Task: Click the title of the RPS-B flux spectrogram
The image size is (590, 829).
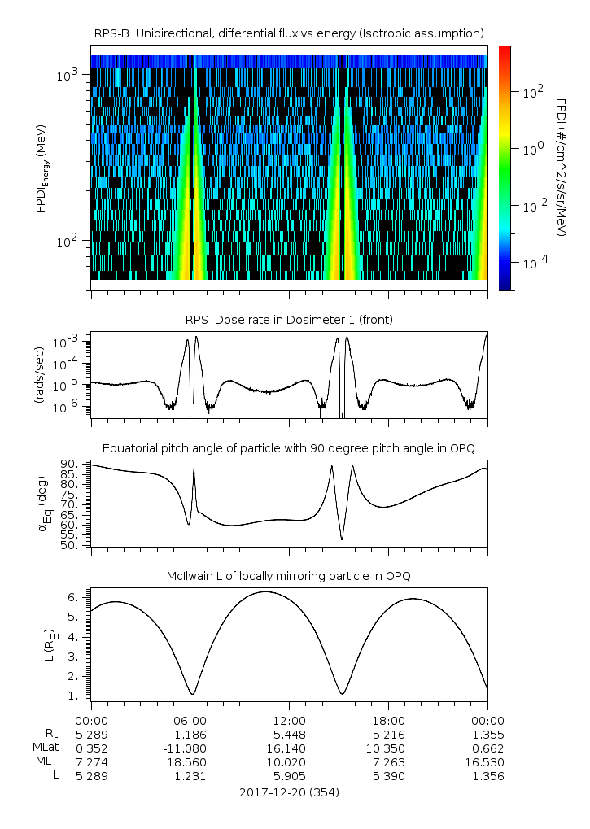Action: [289, 33]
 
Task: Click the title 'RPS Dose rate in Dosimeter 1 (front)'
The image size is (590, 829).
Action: [289, 320]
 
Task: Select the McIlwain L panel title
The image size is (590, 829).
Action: [289, 576]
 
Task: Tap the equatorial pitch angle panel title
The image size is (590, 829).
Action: [289, 448]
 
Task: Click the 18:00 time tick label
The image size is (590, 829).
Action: [388, 720]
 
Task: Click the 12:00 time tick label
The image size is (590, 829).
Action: [289, 720]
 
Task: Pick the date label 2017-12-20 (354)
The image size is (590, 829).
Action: [289, 792]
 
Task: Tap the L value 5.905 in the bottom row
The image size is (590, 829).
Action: [289, 776]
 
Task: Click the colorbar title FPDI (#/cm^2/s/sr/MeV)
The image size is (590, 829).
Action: [561, 167]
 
